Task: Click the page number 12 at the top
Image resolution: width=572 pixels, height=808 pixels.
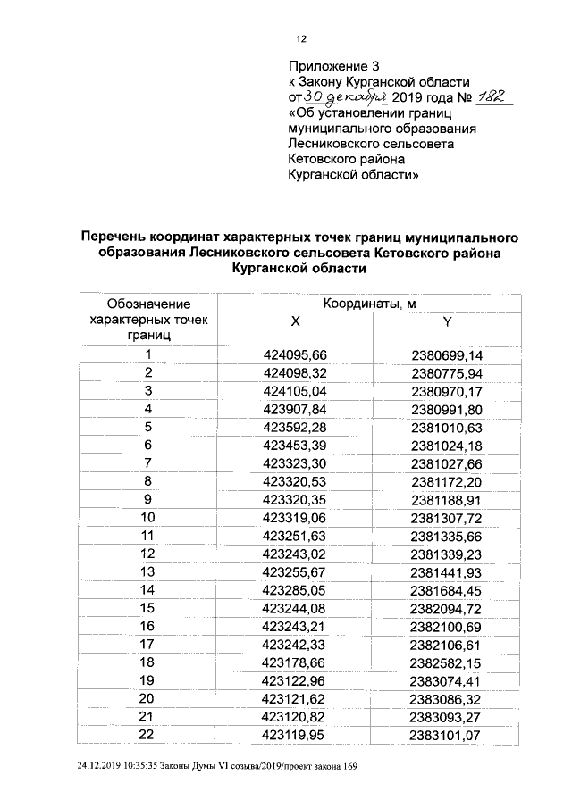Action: pos(301,38)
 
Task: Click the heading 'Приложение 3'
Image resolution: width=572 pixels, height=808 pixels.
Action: pos(328,67)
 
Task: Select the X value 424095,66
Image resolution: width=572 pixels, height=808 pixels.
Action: pos(296,355)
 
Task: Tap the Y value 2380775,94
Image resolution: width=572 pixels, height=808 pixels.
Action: pos(447,372)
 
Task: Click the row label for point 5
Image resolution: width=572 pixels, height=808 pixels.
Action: pos(149,426)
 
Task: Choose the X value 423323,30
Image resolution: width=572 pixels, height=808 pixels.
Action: pos(296,464)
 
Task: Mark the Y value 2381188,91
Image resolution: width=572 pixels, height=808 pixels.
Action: pos(447,499)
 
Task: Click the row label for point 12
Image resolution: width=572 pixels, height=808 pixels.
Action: pos(149,554)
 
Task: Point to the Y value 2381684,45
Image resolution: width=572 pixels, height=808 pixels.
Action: pos(447,589)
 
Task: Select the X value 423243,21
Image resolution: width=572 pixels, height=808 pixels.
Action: pos(296,625)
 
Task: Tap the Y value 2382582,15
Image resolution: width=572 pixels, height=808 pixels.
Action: pos(447,662)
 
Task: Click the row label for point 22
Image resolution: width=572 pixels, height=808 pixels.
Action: pos(149,734)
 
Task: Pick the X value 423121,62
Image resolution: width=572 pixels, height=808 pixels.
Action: pos(296,698)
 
